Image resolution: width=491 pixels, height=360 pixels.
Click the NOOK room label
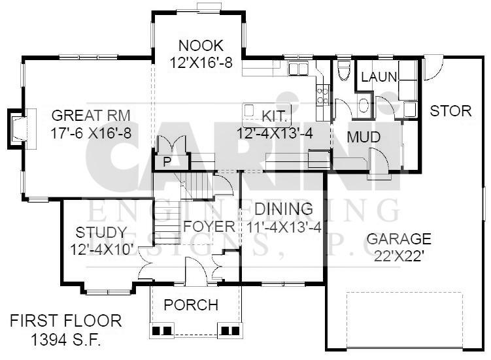tap(201, 46)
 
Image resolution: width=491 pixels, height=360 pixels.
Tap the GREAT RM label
tap(91, 115)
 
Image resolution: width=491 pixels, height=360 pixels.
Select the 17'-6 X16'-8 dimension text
tap(91, 133)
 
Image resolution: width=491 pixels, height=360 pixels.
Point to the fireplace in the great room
tap(22, 129)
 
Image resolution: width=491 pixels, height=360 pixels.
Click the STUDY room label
tap(101, 233)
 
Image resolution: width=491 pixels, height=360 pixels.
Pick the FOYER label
tap(209, 226)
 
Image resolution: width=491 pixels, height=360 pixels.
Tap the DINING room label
tap(284, 209)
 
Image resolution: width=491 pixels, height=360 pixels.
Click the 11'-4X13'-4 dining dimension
tap(284, 227)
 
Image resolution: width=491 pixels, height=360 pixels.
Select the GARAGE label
tap(399, 239)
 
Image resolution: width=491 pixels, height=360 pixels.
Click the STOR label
tap(450, 111)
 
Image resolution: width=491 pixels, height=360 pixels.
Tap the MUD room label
tap(364, 137)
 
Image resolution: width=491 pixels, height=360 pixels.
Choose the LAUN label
tap(379, 77)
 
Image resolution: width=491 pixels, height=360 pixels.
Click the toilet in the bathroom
tap(343, 71)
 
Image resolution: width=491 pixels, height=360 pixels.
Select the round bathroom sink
tap(364, 106)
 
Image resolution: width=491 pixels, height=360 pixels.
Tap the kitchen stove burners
tap(322, 96)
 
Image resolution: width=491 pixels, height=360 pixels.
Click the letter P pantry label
tap(167, 162)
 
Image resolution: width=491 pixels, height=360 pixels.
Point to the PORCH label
tap(191, 304)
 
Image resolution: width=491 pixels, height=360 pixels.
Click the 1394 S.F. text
tap(66, 339)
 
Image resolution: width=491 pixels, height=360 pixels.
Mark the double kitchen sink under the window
tap(298, 69)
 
